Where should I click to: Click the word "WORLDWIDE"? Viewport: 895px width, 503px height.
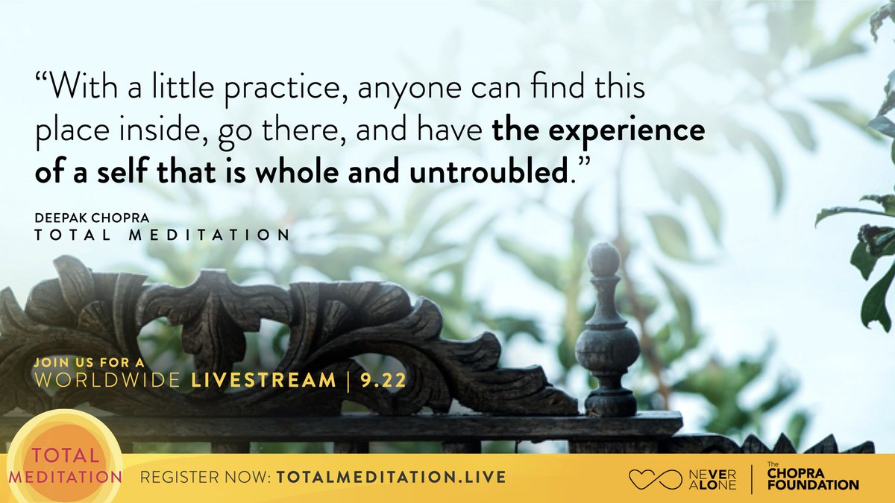pyautogui.click(x=109, y=381)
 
